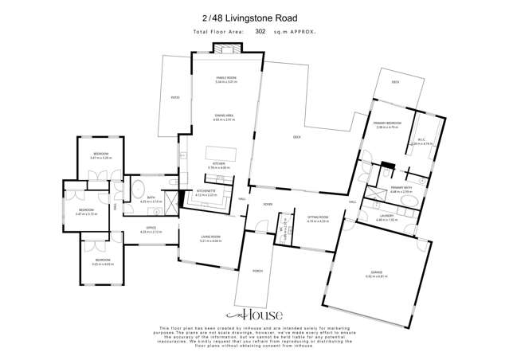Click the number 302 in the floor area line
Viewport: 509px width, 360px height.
260,32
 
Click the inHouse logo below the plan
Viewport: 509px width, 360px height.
254,316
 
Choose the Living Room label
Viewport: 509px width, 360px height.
209,237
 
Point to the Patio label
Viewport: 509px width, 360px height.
174,97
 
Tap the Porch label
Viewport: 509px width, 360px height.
256,269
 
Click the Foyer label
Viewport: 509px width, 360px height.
268,204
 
